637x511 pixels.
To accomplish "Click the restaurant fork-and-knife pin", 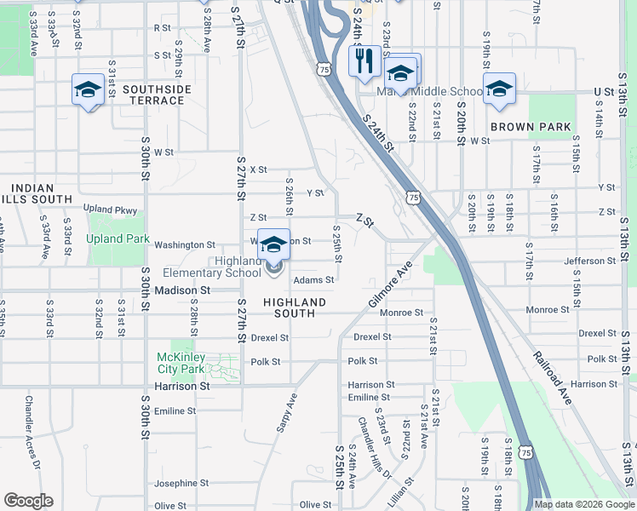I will coord(364,61).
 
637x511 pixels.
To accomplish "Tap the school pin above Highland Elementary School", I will coord(273,244).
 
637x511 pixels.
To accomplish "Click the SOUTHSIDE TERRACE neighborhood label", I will coord(153,95).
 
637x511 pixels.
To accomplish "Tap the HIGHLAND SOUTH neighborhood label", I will coord(295,307).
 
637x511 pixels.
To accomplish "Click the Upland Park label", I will coord(118,239).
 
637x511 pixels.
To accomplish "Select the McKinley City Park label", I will coord(181,363).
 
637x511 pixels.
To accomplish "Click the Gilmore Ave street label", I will coord(390,285).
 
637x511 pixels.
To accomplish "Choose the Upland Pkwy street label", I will coord(110,209).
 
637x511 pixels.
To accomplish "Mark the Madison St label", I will coord(182,290).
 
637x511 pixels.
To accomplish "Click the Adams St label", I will coord(313,279).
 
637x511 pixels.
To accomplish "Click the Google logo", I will coord(28,501).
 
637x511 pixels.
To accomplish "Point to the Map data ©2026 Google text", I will coord(583,504).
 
